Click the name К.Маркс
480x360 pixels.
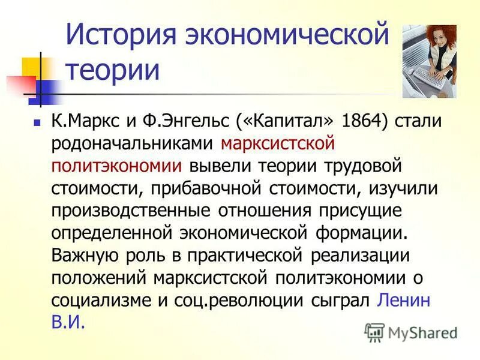88,121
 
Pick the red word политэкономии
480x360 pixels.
117,166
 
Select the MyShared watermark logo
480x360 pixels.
410,332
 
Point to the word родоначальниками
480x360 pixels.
133,144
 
